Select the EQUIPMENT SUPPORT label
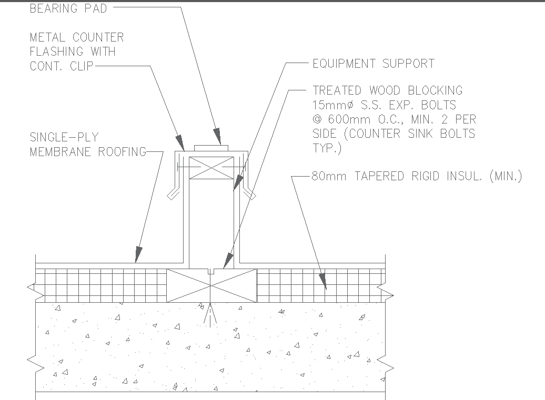[x=374, y=64]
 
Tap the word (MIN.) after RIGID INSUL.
[x=506, y=176]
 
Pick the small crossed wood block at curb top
[x=210, y=167]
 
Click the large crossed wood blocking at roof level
[x=211, y=286]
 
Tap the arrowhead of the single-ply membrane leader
[x=137, y=255]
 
